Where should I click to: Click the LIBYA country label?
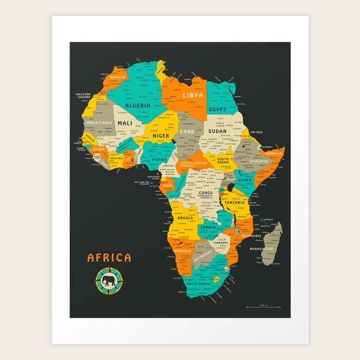(x=193, y=95)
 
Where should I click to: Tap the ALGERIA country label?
(x=138, y=105)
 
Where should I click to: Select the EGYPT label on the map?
(x=218, y=110)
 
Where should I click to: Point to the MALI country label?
(x=125, y=123)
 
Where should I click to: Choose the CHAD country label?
(x=187, y=132)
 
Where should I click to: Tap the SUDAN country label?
(x=217, y=131)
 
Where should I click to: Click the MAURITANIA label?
(x=99, y=123)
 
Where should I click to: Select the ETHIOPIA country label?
(x=259, y=161)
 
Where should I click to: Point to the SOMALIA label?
(x=274, y=153)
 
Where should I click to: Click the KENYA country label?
(x=245, y=181)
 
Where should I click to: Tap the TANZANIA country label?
(x=234, y=202)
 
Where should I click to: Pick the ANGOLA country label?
(x=185, y=218)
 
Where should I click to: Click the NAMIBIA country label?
(x=182, y=250)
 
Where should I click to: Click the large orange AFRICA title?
(x=109, y=258)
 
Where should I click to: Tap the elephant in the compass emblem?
(x=109, y=281)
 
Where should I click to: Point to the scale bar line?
(x=263, y=307)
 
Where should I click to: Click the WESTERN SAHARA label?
(x=83, y=96)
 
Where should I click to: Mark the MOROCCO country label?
(x=117, y=77)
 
